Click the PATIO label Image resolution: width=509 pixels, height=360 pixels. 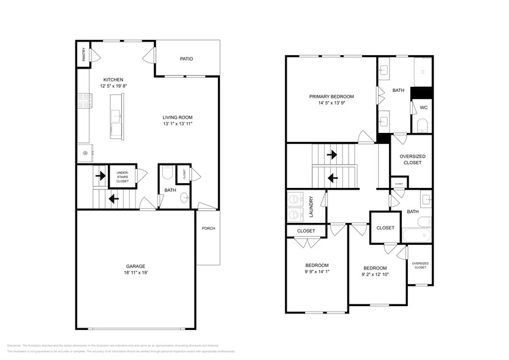(x=186, y=59)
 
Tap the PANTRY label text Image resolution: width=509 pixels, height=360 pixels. (x=83, y=54)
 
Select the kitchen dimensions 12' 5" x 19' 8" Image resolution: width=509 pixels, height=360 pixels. (x=113, y=86)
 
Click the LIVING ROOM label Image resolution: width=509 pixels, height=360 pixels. (x=178, y=118)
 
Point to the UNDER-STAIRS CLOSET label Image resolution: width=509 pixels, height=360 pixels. (x=123, y=177)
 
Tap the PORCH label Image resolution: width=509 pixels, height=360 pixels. (x=208, y=228)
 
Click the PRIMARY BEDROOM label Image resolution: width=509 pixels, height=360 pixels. (x=331, y=96)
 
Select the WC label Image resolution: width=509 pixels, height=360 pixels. (x=423, y=108)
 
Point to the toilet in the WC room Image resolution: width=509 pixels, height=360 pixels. (x=423, y=127)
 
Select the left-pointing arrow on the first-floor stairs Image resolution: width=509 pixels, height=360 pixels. (x=113, y=198)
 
